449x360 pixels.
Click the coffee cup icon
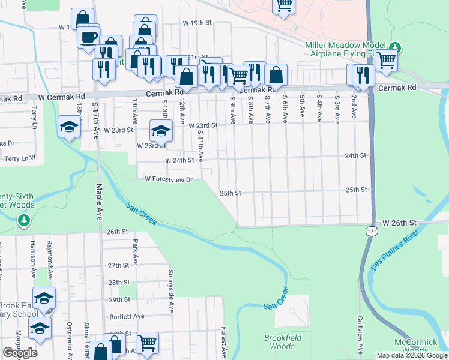click(88, 37)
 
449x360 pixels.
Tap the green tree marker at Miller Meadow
click(394, 47)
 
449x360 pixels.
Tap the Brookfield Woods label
click(279, 342)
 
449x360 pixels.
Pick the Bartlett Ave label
click(127, 316)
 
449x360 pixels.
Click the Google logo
click(20, 353)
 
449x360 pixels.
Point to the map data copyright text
click(411, 355)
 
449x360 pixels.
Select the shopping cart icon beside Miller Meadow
click(387, 60)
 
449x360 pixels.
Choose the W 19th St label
click(198, 23)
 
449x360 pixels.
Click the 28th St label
click(119, 282)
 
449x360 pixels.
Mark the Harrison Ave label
click(34, 263)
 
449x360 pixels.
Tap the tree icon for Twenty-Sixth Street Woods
click(24, 221)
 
